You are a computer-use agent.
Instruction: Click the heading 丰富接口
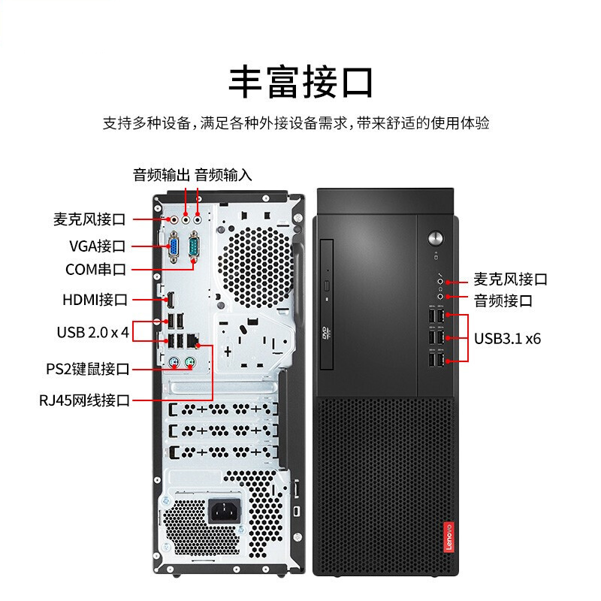[300, 82]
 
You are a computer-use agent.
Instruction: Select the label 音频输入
[223, 175]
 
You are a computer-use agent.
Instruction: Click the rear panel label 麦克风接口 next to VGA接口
[89, 219]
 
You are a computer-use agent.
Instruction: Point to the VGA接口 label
[97, 246]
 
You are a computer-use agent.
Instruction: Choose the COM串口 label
[95, 269]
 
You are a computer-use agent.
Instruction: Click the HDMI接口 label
[95, 300]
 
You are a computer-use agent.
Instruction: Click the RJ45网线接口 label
[84, 400]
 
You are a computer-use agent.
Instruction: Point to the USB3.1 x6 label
[507, 338]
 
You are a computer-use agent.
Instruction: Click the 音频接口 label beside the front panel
[503, 301]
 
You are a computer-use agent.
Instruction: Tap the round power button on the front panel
[436, 238]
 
